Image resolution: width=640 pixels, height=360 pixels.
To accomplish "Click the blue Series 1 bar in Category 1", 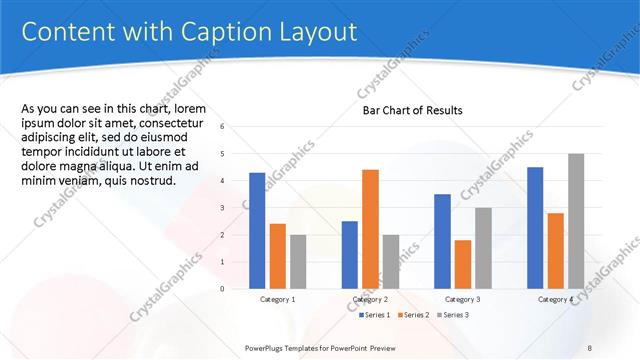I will pyautogui.click(x=257, y=231).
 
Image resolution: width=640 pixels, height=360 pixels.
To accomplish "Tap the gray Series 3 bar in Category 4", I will pyautogui.click(x=576, y=221).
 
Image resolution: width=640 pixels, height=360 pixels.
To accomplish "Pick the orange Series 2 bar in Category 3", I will pyautogui.click(x=462, y=264).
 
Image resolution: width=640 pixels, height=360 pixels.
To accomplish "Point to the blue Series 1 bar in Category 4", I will pyautogui.click(x=535, y=228).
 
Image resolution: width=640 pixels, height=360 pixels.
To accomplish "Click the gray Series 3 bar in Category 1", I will pyautogui.click(x=298, y=262).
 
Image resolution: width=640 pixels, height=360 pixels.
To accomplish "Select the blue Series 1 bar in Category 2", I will pyautogui.click(x=349, y=255).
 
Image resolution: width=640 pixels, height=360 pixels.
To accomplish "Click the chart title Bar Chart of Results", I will pyautogui.click(x=412, y=111).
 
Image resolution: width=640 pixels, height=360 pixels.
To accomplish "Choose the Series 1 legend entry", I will pyautogui.click(x=379, y=315).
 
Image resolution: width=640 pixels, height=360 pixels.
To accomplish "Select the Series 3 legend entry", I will pyautogui.click(x=452, y=315).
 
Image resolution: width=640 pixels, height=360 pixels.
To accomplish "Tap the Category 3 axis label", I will pyautogui.click(x=463, y=299).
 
